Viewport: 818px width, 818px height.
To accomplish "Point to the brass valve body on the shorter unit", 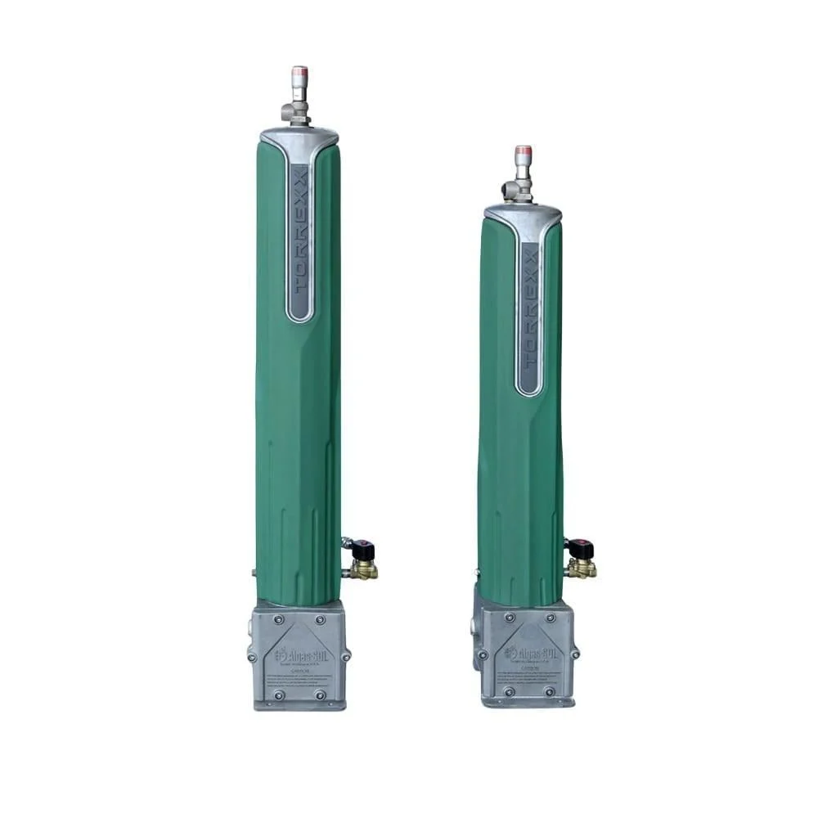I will point(582,568).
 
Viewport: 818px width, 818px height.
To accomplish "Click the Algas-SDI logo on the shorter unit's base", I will point(528,654).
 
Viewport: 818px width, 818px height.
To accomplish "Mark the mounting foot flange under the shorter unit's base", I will point(528,703).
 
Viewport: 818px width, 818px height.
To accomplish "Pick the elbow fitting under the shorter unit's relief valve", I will point(518,189).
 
